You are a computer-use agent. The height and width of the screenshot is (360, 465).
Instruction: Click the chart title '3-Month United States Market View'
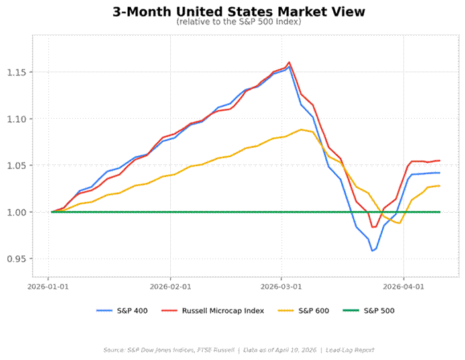238,12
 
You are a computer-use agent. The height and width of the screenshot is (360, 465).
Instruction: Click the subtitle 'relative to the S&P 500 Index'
238,22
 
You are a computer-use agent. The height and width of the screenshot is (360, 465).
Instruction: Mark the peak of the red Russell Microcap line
289,62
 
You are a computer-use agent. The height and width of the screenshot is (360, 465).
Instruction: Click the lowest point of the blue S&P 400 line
373,251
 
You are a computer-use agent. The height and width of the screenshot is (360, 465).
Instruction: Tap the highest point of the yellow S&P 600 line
301,129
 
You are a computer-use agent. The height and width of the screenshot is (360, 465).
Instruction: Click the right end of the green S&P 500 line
440,212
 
